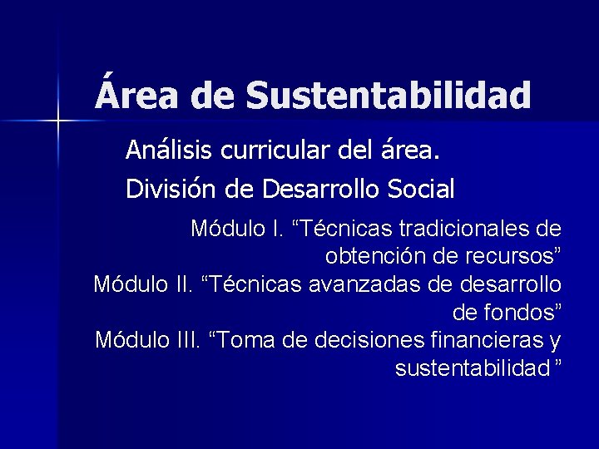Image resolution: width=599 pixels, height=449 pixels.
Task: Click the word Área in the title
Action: click(138, 94)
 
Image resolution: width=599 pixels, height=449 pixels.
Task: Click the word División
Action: click(171, 190)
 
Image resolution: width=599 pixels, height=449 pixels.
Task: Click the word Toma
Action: click(254, 341)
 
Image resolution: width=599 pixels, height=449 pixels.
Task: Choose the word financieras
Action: click(483, 341)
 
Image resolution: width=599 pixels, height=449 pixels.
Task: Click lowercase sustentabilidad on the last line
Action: click(473, 368)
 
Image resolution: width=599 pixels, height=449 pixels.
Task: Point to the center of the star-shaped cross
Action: click(58, 121)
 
